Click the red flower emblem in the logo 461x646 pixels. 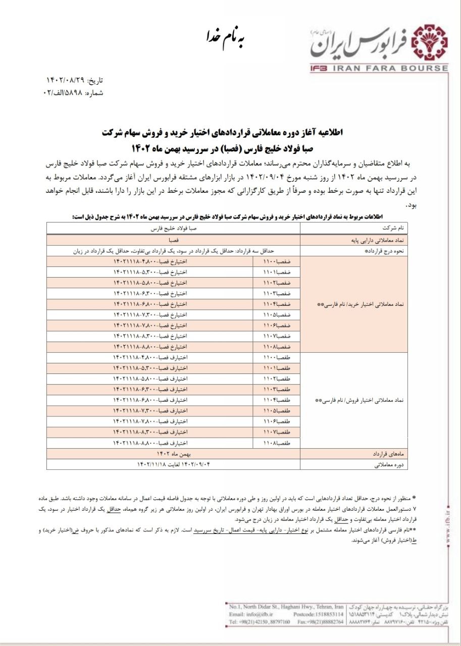430,43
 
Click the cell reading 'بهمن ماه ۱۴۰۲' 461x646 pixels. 174,454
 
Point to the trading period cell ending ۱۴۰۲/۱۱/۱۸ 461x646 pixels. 174,464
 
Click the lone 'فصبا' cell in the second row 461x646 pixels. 174,241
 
